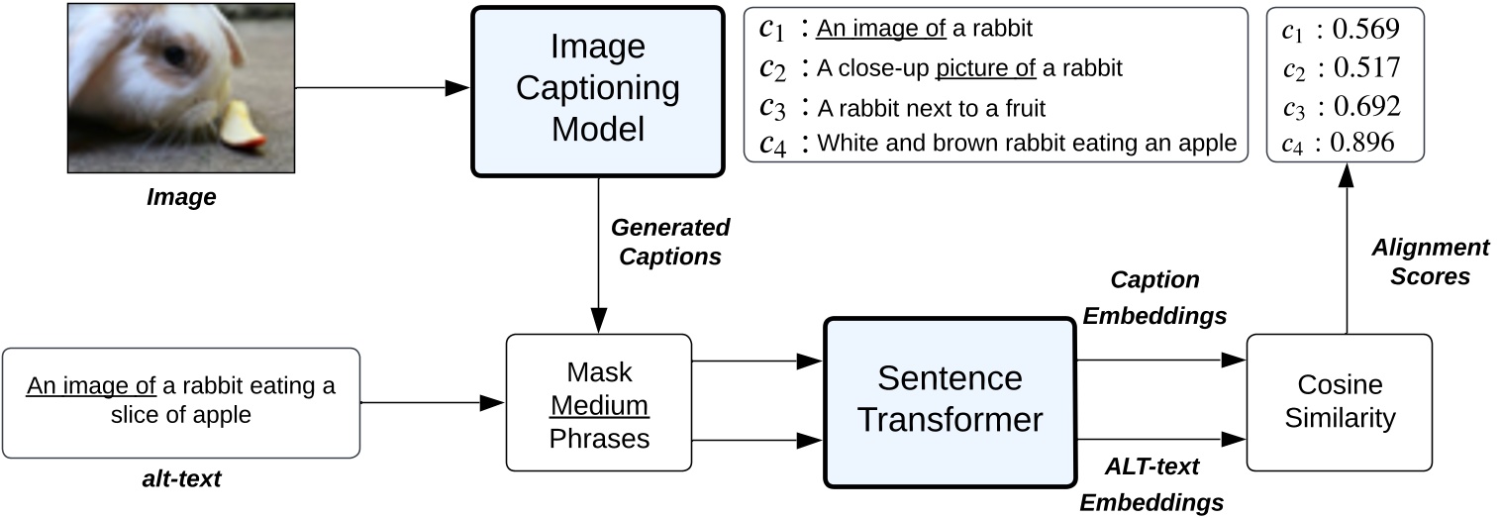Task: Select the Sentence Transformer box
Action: (x=950, y=401)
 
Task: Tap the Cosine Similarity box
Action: (x=1339, y=401)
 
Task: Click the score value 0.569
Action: (x=1364, y=31)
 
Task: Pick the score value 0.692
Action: (x=1364, y=106)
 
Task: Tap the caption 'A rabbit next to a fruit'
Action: (x=931, y=106)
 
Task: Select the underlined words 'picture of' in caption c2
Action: (x=985, y=68)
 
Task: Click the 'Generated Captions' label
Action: (x=670, y=242)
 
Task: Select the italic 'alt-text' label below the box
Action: (x=180, y=479)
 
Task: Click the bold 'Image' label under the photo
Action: (x=181, y=198)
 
